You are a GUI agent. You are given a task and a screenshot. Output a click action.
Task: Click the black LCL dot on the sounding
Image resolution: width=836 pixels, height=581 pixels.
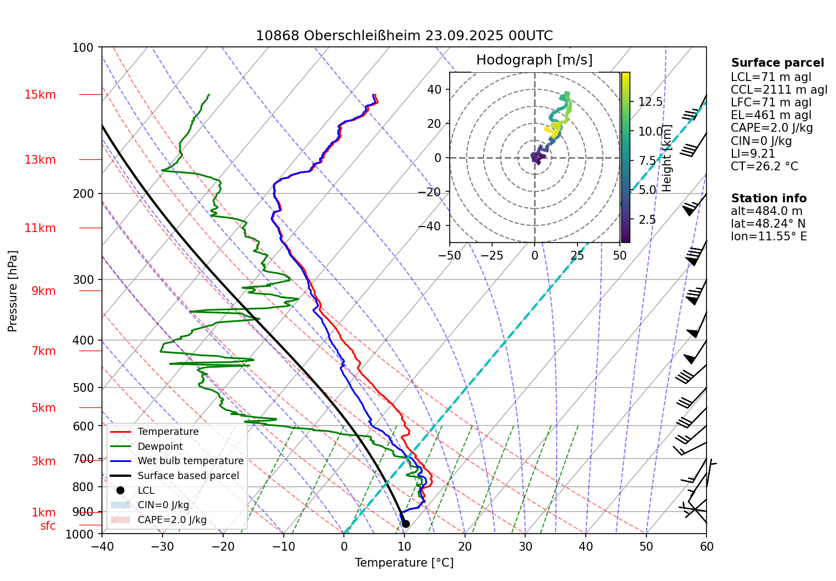[x=406, y=524]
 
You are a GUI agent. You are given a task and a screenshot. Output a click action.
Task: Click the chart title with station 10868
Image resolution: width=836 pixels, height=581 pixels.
[x=404, y=36]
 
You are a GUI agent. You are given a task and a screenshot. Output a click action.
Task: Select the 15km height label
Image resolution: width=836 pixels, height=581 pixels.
[x=40, y=95]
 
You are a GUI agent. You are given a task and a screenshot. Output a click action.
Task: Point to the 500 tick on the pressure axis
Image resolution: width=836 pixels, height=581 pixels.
[x=83, y=388]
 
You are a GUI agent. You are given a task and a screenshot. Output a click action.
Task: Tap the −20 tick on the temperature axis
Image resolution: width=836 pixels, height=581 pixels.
[x=223, y=547]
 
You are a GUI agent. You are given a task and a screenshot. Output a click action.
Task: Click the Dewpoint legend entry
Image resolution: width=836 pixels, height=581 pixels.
[x=160, y=446]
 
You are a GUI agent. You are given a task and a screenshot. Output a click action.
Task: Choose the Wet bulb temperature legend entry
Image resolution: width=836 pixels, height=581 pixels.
[x=190, y=461]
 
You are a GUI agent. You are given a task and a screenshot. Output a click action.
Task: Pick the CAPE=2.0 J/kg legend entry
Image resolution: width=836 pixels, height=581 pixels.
[x=172, y=520]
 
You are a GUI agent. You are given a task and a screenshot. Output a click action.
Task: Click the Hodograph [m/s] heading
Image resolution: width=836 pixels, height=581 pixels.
[x=534, y=60]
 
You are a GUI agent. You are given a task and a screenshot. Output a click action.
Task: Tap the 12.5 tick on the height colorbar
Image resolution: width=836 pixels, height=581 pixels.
[x=650, y=102]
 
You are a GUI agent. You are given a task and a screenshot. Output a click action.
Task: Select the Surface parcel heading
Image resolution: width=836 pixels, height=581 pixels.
[x=777, y=63]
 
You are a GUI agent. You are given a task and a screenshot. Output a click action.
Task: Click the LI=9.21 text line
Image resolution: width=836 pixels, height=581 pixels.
[x=753, y=154]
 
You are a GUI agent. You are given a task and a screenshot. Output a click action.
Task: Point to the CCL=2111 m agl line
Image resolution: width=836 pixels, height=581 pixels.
[x=779, y=90]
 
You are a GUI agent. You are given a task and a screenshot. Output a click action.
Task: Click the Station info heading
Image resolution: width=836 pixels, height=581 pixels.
[x=768, y=198]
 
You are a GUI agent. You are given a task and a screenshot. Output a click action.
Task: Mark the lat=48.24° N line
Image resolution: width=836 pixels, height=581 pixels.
[x=768, y=224]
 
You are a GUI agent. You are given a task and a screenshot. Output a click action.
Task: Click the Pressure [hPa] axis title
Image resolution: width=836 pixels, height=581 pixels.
[x=13, y=291]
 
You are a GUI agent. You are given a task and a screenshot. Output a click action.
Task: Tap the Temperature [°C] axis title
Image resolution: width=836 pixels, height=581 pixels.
[x=404, y=563]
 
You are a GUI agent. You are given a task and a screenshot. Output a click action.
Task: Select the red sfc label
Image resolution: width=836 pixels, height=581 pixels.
[x=48, y=526]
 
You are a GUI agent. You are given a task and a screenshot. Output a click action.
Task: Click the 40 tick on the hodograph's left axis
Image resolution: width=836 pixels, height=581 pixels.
[x=434, y=89]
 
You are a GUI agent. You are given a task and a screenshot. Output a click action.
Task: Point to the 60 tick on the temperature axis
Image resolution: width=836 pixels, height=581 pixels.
[x=706, y=547]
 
